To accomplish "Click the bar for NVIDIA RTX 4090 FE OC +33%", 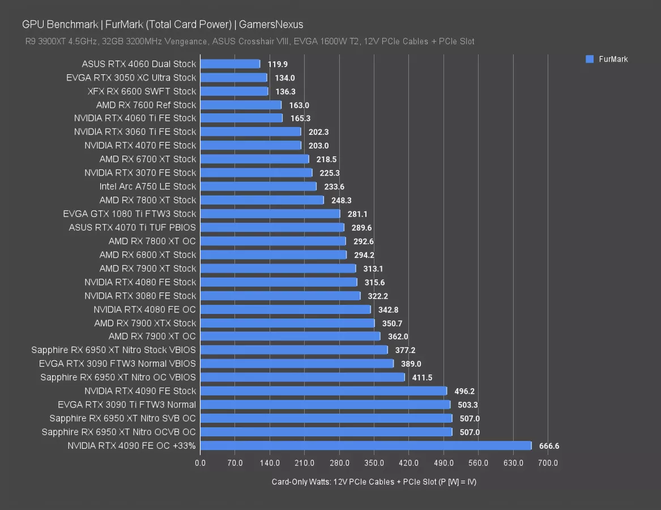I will point(366,445).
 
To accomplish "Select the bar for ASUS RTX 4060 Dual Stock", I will point(230,64).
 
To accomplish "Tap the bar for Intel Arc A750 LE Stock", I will point(258,186).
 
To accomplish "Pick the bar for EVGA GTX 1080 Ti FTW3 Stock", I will point(270,214).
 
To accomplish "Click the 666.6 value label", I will point(549,446).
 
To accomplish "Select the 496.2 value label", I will point(464,391).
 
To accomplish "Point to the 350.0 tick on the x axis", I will point(374,463).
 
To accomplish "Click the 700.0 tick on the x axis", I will point(548,463).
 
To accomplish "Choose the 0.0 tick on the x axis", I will point(201,463).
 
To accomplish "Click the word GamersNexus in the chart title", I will point(271,24).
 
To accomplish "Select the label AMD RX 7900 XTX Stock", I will point(145,323).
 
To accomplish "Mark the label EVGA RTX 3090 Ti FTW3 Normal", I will point(127,405).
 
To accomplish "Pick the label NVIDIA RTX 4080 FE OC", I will point(144,309).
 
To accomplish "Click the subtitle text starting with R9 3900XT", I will point(250,41).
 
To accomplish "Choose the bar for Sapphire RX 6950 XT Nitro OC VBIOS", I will point(302,377).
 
